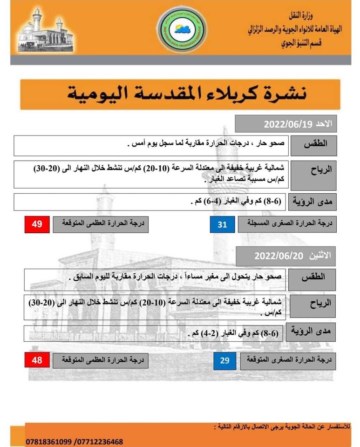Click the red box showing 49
pyautogui.click(x=37, y=224)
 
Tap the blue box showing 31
pyautogui.click(x=222, y=224)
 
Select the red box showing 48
pyautogui.click(x=37, y=360)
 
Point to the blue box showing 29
pyautogui.click(x=225, y=360)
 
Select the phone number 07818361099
pyautogui.click(x=48, y=441)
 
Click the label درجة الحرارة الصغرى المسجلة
pyautogui.click(x=284, y=224)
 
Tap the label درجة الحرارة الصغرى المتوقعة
pyautogui.click(x=286, y=360)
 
